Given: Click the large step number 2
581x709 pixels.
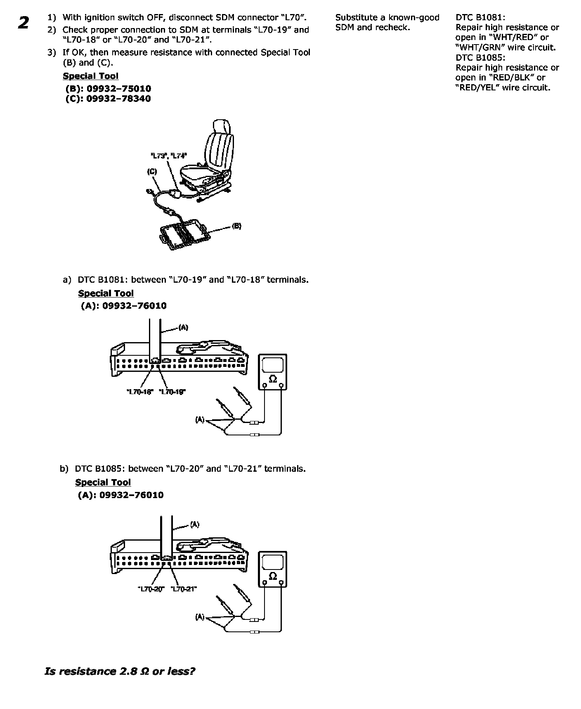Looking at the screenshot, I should (24, 23).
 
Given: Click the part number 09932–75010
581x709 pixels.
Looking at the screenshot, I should (118, 89).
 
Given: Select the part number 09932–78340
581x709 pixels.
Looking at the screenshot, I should (118, 99).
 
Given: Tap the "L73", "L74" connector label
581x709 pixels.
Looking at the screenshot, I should (168, 156).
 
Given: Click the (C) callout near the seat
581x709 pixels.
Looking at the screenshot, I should (152, 172).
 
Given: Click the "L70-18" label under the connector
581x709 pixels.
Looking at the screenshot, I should (139, 392).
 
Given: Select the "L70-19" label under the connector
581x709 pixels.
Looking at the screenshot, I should (172, 392).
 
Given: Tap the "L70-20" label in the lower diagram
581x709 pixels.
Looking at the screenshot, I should (151, 589).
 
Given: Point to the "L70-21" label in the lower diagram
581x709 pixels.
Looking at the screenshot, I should (184, 589).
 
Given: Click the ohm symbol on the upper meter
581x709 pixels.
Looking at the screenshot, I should (273, 378).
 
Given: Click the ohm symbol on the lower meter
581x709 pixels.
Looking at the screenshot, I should (273, 576).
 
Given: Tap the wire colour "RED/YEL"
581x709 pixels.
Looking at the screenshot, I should (479, 87).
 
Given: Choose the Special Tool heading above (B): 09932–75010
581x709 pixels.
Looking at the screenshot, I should (90, 76).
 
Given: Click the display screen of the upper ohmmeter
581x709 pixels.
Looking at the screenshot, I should (273, 365).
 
